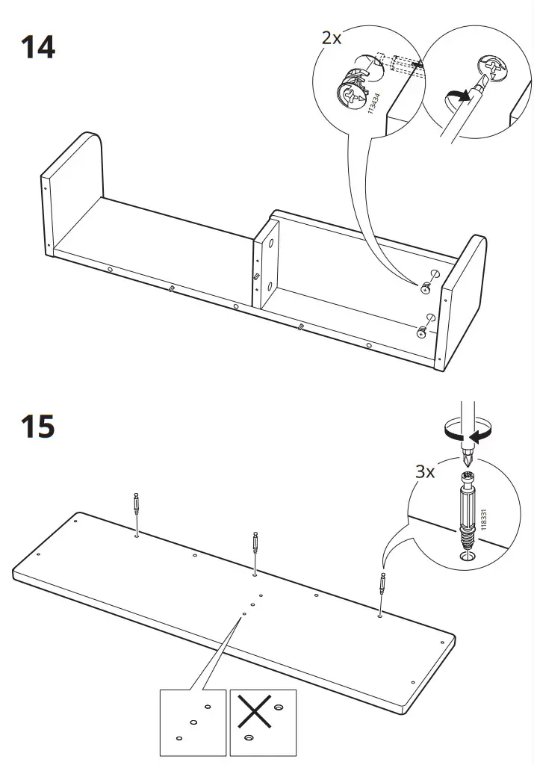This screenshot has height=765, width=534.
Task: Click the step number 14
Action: tap(37, 46)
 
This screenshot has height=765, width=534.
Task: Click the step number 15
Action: tap(37, 427)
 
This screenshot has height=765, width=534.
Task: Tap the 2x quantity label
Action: tap(332, 38)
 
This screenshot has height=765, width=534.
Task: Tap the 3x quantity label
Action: tap(426, 472)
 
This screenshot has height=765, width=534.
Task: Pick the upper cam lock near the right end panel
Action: tap(427, 285)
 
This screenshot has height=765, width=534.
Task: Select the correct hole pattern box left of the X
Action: tap(193, 721)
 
